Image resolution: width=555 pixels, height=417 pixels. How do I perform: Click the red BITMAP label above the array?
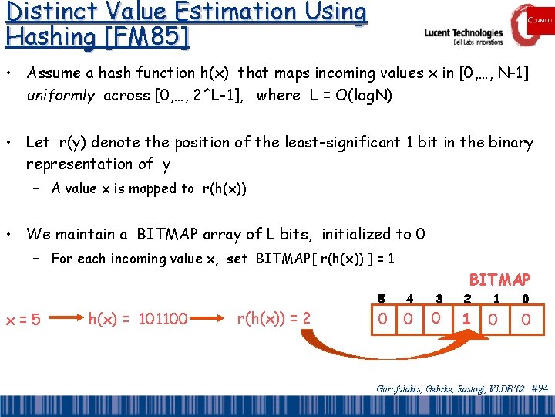[x=499, y=279]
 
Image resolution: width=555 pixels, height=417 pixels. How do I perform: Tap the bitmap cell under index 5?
[x=381, y=318]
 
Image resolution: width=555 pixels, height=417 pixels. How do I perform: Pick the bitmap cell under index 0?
[x=525, y=318]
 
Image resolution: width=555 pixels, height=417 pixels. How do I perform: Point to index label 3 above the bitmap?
[x=439, y=298]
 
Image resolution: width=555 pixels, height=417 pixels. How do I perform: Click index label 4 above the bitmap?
[x=410, y=298]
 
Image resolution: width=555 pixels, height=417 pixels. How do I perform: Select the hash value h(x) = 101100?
[x=139, y=317]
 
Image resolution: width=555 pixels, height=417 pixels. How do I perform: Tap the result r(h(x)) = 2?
[x=274, y=317]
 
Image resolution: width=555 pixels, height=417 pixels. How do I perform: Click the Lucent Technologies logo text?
[x=463, y=34]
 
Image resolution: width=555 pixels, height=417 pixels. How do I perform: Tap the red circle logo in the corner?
[x=532, y=25]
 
